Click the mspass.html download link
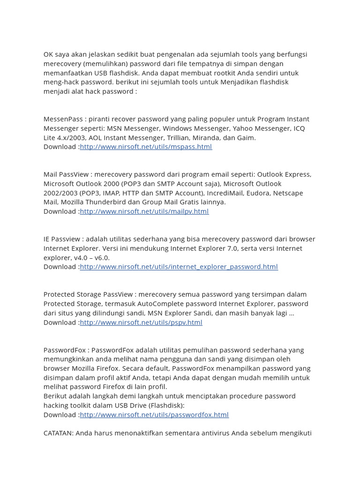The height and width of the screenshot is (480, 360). point(146,147)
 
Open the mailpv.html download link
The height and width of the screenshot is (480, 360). point(144,211)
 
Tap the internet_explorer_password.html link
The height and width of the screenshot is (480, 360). point(179,267)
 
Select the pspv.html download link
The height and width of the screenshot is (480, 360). point(141,322)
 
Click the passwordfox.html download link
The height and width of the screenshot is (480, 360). point(154,415)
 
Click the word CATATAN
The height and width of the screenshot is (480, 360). point(58,433)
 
